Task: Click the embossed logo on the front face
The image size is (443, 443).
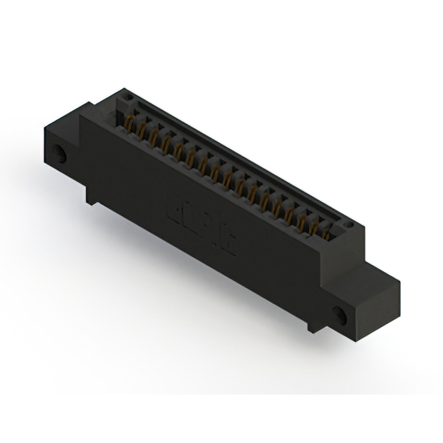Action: [x=201, y=226]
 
